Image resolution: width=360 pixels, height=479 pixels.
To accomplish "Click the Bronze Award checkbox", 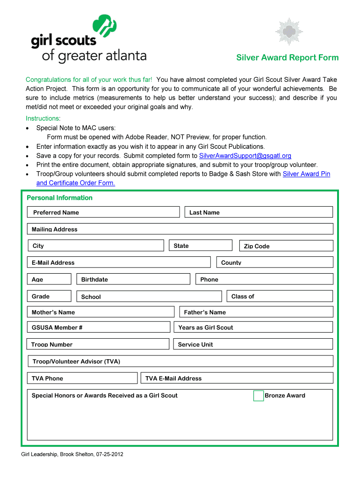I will (258, 396).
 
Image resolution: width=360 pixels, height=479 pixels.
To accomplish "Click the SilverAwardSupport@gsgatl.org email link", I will (245, 156).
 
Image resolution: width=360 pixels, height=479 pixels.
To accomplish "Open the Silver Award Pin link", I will (306, 174).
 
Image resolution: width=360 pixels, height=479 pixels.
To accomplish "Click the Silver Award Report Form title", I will (287, 58).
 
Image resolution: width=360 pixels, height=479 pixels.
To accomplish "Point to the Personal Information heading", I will (59, 198).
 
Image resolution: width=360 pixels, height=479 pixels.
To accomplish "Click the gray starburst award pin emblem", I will (289, 32).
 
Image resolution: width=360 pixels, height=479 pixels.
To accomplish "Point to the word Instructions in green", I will (42, 118).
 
